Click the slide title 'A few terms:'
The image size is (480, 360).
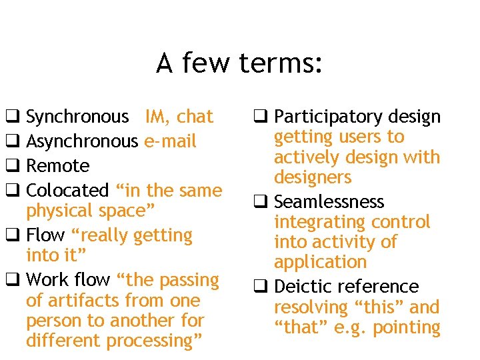(239, 64)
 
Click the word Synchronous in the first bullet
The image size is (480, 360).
(77, 117)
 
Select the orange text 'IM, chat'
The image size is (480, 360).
(179, 117)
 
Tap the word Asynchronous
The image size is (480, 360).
(81, 141)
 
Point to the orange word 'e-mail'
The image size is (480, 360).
(170, 141)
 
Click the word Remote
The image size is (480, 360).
(57, 166)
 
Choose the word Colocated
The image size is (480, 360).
(67, 191)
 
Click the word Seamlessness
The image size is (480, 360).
(329, 202)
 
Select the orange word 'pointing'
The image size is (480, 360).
(407, 328)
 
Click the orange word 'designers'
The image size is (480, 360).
(313, 177)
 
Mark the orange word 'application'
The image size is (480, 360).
(320, 263)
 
